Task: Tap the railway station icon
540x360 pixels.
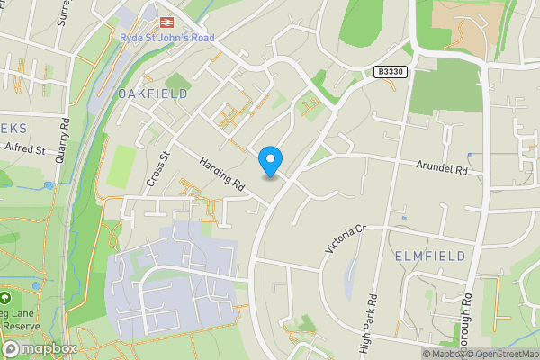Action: point(166,21)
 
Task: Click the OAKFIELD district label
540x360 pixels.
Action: point(152,94)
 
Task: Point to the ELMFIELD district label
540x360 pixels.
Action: point(430,256)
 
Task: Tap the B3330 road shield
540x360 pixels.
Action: point(390,71)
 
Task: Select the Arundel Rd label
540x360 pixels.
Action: point(444,167)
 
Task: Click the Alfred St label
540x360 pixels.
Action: point(24,148)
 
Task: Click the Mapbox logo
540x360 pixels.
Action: point(39,348)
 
